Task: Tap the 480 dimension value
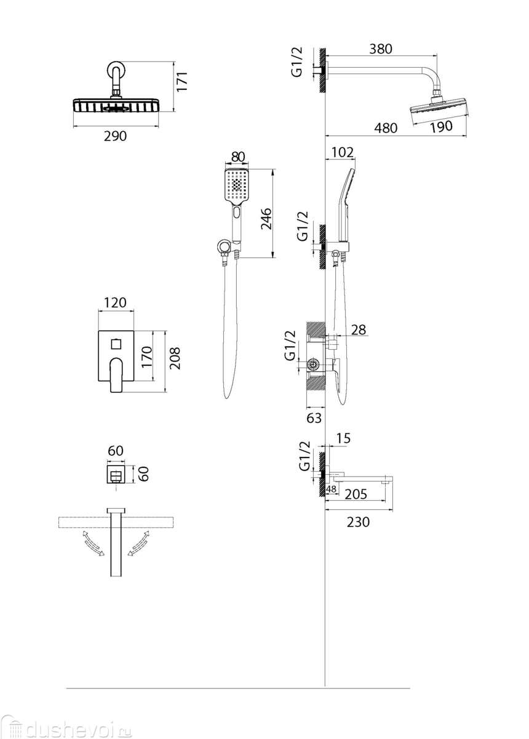386,128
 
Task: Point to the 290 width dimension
115,136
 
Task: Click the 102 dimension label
343,151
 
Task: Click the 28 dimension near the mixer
357,331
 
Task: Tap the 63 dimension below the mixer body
314,419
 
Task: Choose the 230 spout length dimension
358,522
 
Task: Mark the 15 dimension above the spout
344,438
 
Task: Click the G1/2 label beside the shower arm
297,62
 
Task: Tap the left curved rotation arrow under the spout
93,544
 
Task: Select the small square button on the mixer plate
116,342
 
